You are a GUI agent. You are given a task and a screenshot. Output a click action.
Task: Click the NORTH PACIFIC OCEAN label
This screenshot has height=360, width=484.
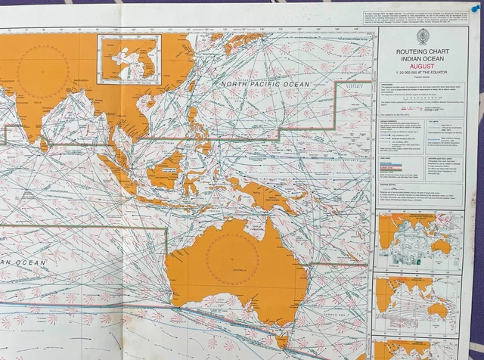pos(265,85)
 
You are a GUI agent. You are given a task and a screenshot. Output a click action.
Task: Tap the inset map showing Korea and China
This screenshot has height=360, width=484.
pos(129,59)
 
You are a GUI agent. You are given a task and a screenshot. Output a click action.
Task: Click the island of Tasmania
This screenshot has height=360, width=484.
pos(281,341)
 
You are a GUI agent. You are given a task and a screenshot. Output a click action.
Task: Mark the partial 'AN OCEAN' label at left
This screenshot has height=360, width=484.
pos(23,262)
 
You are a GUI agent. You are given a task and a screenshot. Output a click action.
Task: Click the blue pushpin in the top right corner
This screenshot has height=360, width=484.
pos(476,8)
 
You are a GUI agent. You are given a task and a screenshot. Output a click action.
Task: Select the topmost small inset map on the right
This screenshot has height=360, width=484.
pos(417,241)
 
